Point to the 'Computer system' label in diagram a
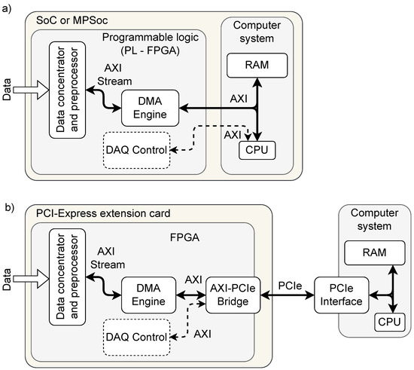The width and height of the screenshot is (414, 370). click(x=258, y=29)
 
